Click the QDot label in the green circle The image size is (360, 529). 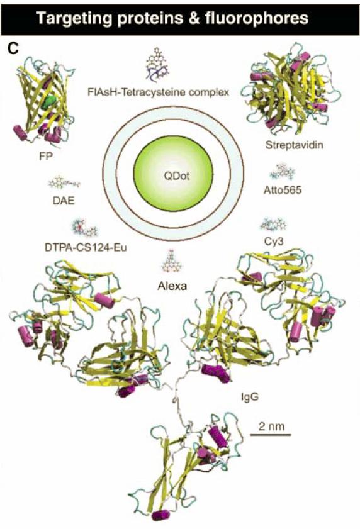[177, 175]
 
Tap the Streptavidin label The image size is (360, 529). [294, 145]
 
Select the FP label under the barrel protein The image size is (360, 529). [46, 157]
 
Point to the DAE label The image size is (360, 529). [64, 201]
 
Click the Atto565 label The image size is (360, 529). [283, 191]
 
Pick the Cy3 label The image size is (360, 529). [273, 241]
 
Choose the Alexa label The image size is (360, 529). [172, 286]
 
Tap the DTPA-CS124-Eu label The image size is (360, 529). [86, 248]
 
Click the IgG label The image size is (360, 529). [250, 397]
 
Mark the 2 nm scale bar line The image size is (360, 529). [270, 435]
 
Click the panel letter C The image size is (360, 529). [13, 49]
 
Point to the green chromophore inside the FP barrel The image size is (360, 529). [50, 101]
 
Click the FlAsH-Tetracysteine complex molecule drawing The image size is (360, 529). [158, 66]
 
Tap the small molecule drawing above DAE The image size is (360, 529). [64, 184]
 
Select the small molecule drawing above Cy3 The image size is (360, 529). [273, 225]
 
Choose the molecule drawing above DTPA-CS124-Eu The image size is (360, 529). [84, 228]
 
